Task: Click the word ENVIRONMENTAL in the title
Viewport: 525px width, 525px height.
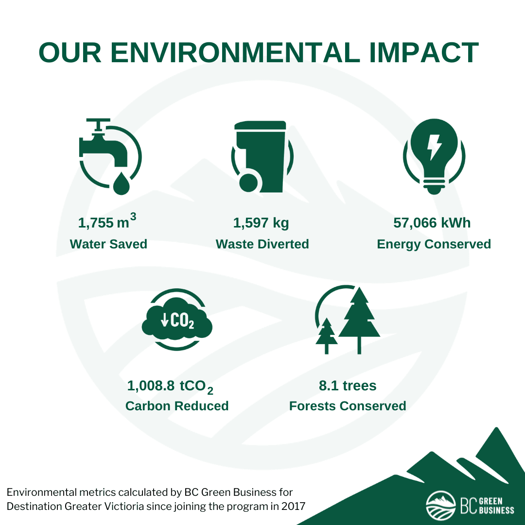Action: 235,52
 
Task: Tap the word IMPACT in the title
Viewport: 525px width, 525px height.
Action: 424,52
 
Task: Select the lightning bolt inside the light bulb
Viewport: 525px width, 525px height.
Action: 434,147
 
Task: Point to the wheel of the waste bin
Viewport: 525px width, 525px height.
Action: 249,183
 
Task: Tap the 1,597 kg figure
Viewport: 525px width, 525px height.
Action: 261,223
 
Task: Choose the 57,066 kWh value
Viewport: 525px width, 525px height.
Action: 432,223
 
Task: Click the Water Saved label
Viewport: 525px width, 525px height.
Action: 108,244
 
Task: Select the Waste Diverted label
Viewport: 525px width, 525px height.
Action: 262,244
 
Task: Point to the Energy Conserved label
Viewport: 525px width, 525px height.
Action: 434,245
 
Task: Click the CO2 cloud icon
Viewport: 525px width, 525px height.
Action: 177,320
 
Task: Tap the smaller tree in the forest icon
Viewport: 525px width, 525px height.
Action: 327,335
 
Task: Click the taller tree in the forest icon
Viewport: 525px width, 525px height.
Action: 359,320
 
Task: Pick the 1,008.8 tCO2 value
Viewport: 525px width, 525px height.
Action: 170,387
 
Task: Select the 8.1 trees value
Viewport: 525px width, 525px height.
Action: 348,385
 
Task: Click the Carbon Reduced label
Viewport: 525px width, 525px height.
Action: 177,406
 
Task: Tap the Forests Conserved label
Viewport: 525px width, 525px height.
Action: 348,406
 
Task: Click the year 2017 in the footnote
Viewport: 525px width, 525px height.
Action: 293,506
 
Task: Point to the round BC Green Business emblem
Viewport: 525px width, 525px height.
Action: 440,506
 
